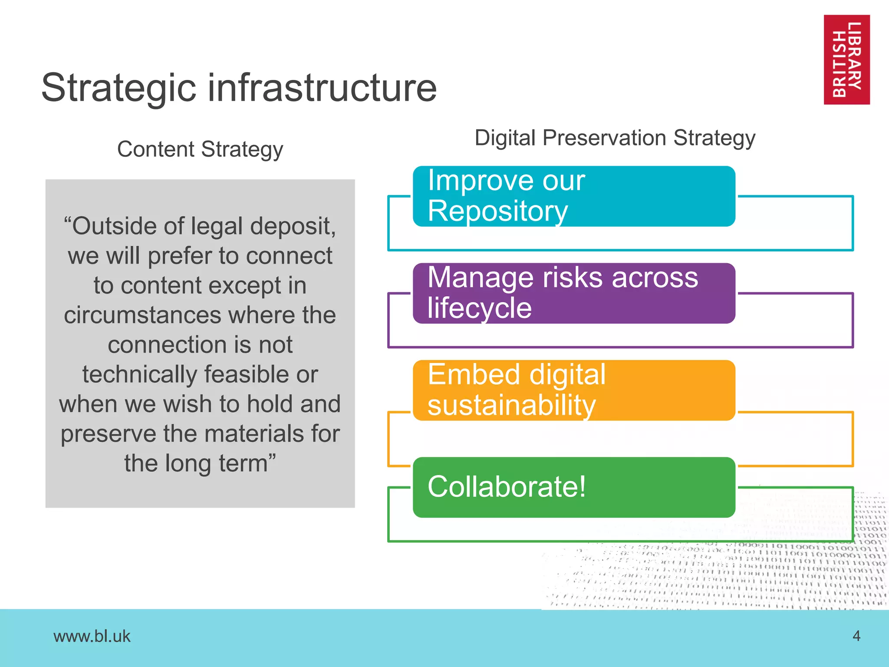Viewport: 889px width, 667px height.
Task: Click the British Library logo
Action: (x=846, y=60)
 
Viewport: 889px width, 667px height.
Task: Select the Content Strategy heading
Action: (x=200, y=149)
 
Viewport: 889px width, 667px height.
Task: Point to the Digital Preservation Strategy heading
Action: (x=615, y=138)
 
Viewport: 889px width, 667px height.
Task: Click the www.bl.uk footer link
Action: (x=92, y=636)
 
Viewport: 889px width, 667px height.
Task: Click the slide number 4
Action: (x=856, y=636)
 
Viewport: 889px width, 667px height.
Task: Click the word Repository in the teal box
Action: (x=497, y=211)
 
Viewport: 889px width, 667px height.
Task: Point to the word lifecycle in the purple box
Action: (x=479, y=308)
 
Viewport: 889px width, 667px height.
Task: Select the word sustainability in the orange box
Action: (x=511, y=406)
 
